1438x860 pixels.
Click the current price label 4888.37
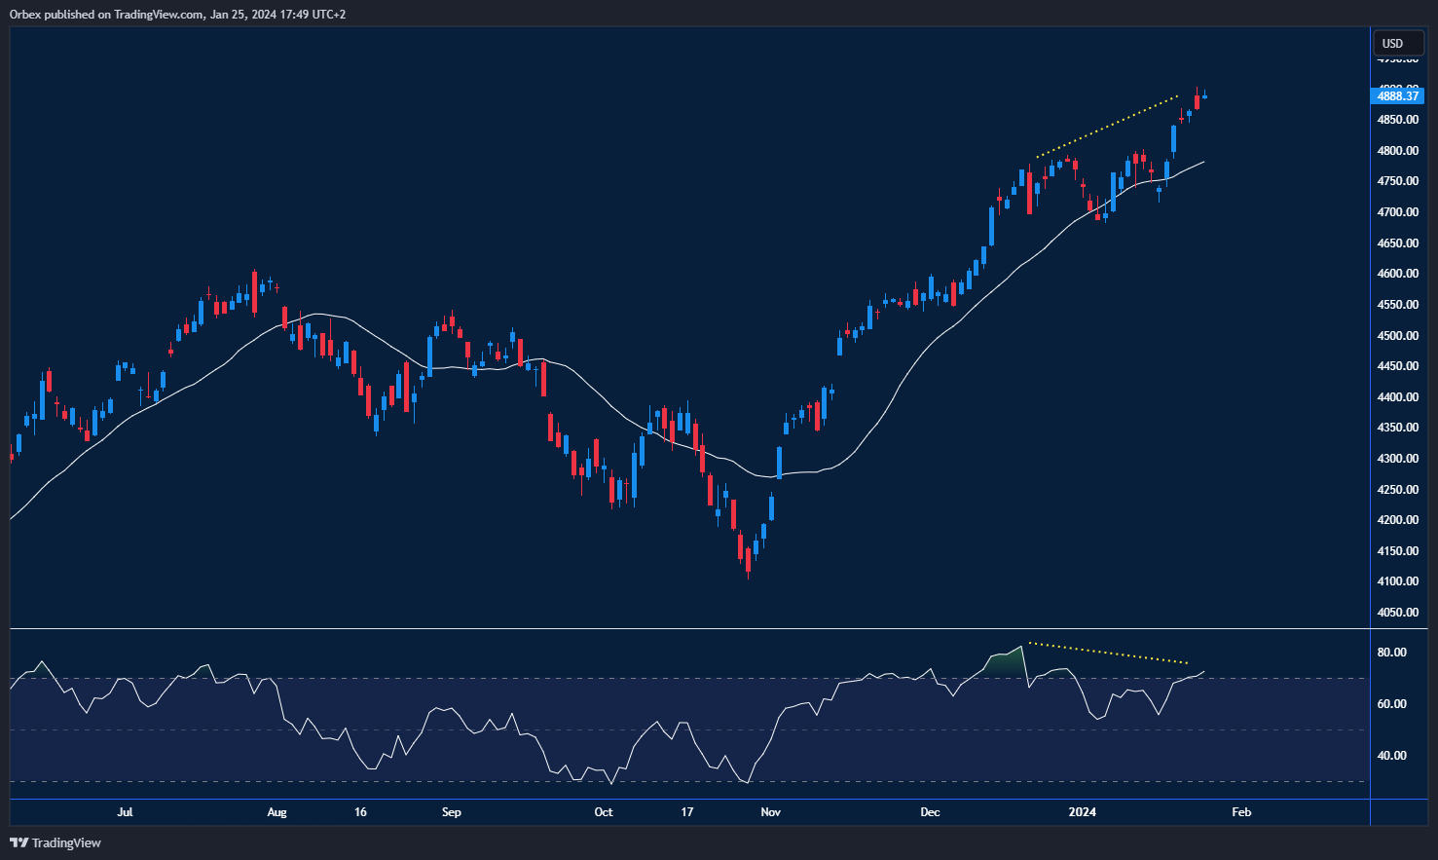click(1397, 95)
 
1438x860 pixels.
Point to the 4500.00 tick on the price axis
click(1397, 336)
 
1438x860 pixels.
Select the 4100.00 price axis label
click(1397, 581)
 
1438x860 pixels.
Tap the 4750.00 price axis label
click(1397, 181)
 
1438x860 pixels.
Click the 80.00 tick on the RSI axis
click(1391, 653)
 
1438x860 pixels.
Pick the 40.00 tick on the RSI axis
click(1391, 756)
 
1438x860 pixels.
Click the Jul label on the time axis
click(125, 812)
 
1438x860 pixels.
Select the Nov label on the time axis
click(771, 812)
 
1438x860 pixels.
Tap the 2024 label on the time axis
click(1082, 812)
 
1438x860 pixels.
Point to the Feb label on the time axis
click(1241, 812)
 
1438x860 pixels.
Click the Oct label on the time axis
click(604, 812)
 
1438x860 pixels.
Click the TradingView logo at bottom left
click(55, 842)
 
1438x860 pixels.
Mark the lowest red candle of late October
click(748, 560)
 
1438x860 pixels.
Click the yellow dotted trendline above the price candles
click(1107, 126)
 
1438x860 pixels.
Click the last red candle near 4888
click(1197, 101)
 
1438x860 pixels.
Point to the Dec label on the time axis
click(930, 812)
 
